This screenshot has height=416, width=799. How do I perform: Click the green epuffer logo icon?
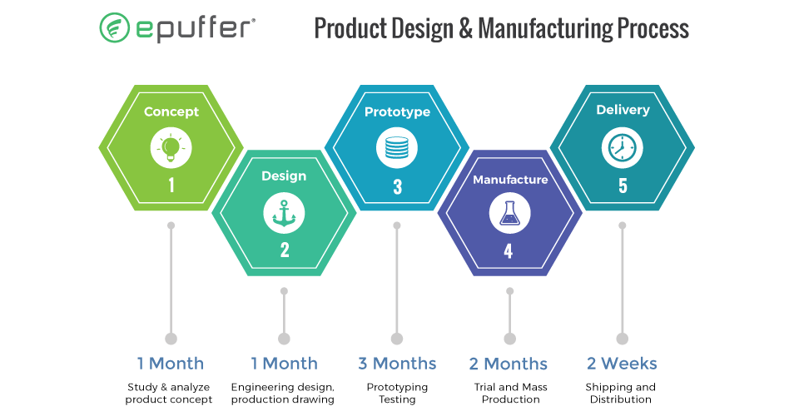(x=114, y=27)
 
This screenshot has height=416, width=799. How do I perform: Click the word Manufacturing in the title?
(x=545, y=28)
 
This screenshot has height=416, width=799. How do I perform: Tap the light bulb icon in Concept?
(x=171, y=147)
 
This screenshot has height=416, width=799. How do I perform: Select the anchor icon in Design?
(x=284, y=213)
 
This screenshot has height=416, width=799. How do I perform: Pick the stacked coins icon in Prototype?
(x=397, y=147)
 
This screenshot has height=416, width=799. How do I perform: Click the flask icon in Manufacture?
(x=509, y=213)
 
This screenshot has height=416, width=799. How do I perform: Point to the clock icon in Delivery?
(x=623, y=147)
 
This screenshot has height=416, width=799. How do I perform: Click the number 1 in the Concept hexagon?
(x=171, y=185)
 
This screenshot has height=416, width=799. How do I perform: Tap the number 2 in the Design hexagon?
(x=285, y=250)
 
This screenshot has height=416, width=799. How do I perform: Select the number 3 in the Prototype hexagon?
(x=398, y=187)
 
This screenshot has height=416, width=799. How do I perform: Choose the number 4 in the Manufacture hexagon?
(x=508, y=251)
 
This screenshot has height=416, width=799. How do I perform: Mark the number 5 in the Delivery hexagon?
(x=623, y=186)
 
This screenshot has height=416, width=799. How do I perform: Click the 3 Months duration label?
(x=397, y=364)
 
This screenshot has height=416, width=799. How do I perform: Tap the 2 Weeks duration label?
(x=622, y=364)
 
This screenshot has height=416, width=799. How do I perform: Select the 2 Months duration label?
(x=508, y=364)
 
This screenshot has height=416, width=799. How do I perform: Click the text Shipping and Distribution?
(x=621, y=393)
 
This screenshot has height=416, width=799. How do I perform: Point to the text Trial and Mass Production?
(x=510, y=393)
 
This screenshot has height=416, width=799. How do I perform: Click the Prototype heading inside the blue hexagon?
(x=398, y=112)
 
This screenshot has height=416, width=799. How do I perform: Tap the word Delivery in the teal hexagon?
(x=623, y=110)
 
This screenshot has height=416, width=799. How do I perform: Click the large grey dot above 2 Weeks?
(x=623, y=339)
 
